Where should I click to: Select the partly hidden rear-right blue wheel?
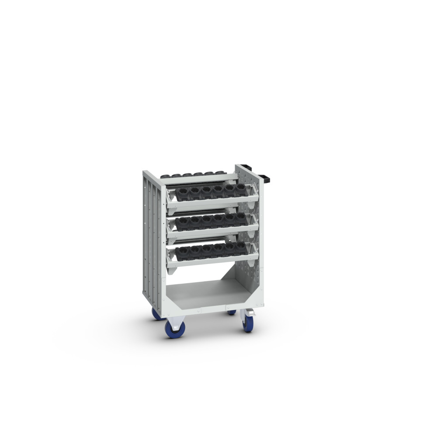[x=232, y=312]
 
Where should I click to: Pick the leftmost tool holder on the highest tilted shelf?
[x=183, y=192]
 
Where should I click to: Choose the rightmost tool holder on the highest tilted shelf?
[x=240, y=190]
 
